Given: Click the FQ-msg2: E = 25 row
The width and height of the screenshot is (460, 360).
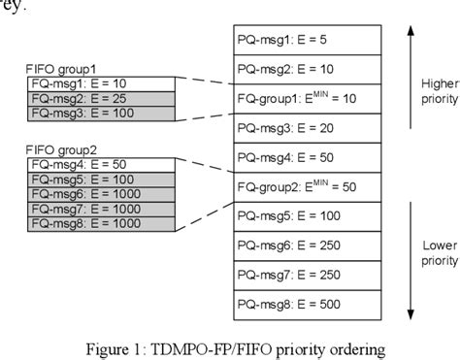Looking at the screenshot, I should pos(101,99).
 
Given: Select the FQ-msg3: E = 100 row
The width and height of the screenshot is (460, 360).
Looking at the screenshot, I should pos(101,114).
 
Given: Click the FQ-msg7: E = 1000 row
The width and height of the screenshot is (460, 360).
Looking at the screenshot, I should pos(101,210).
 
